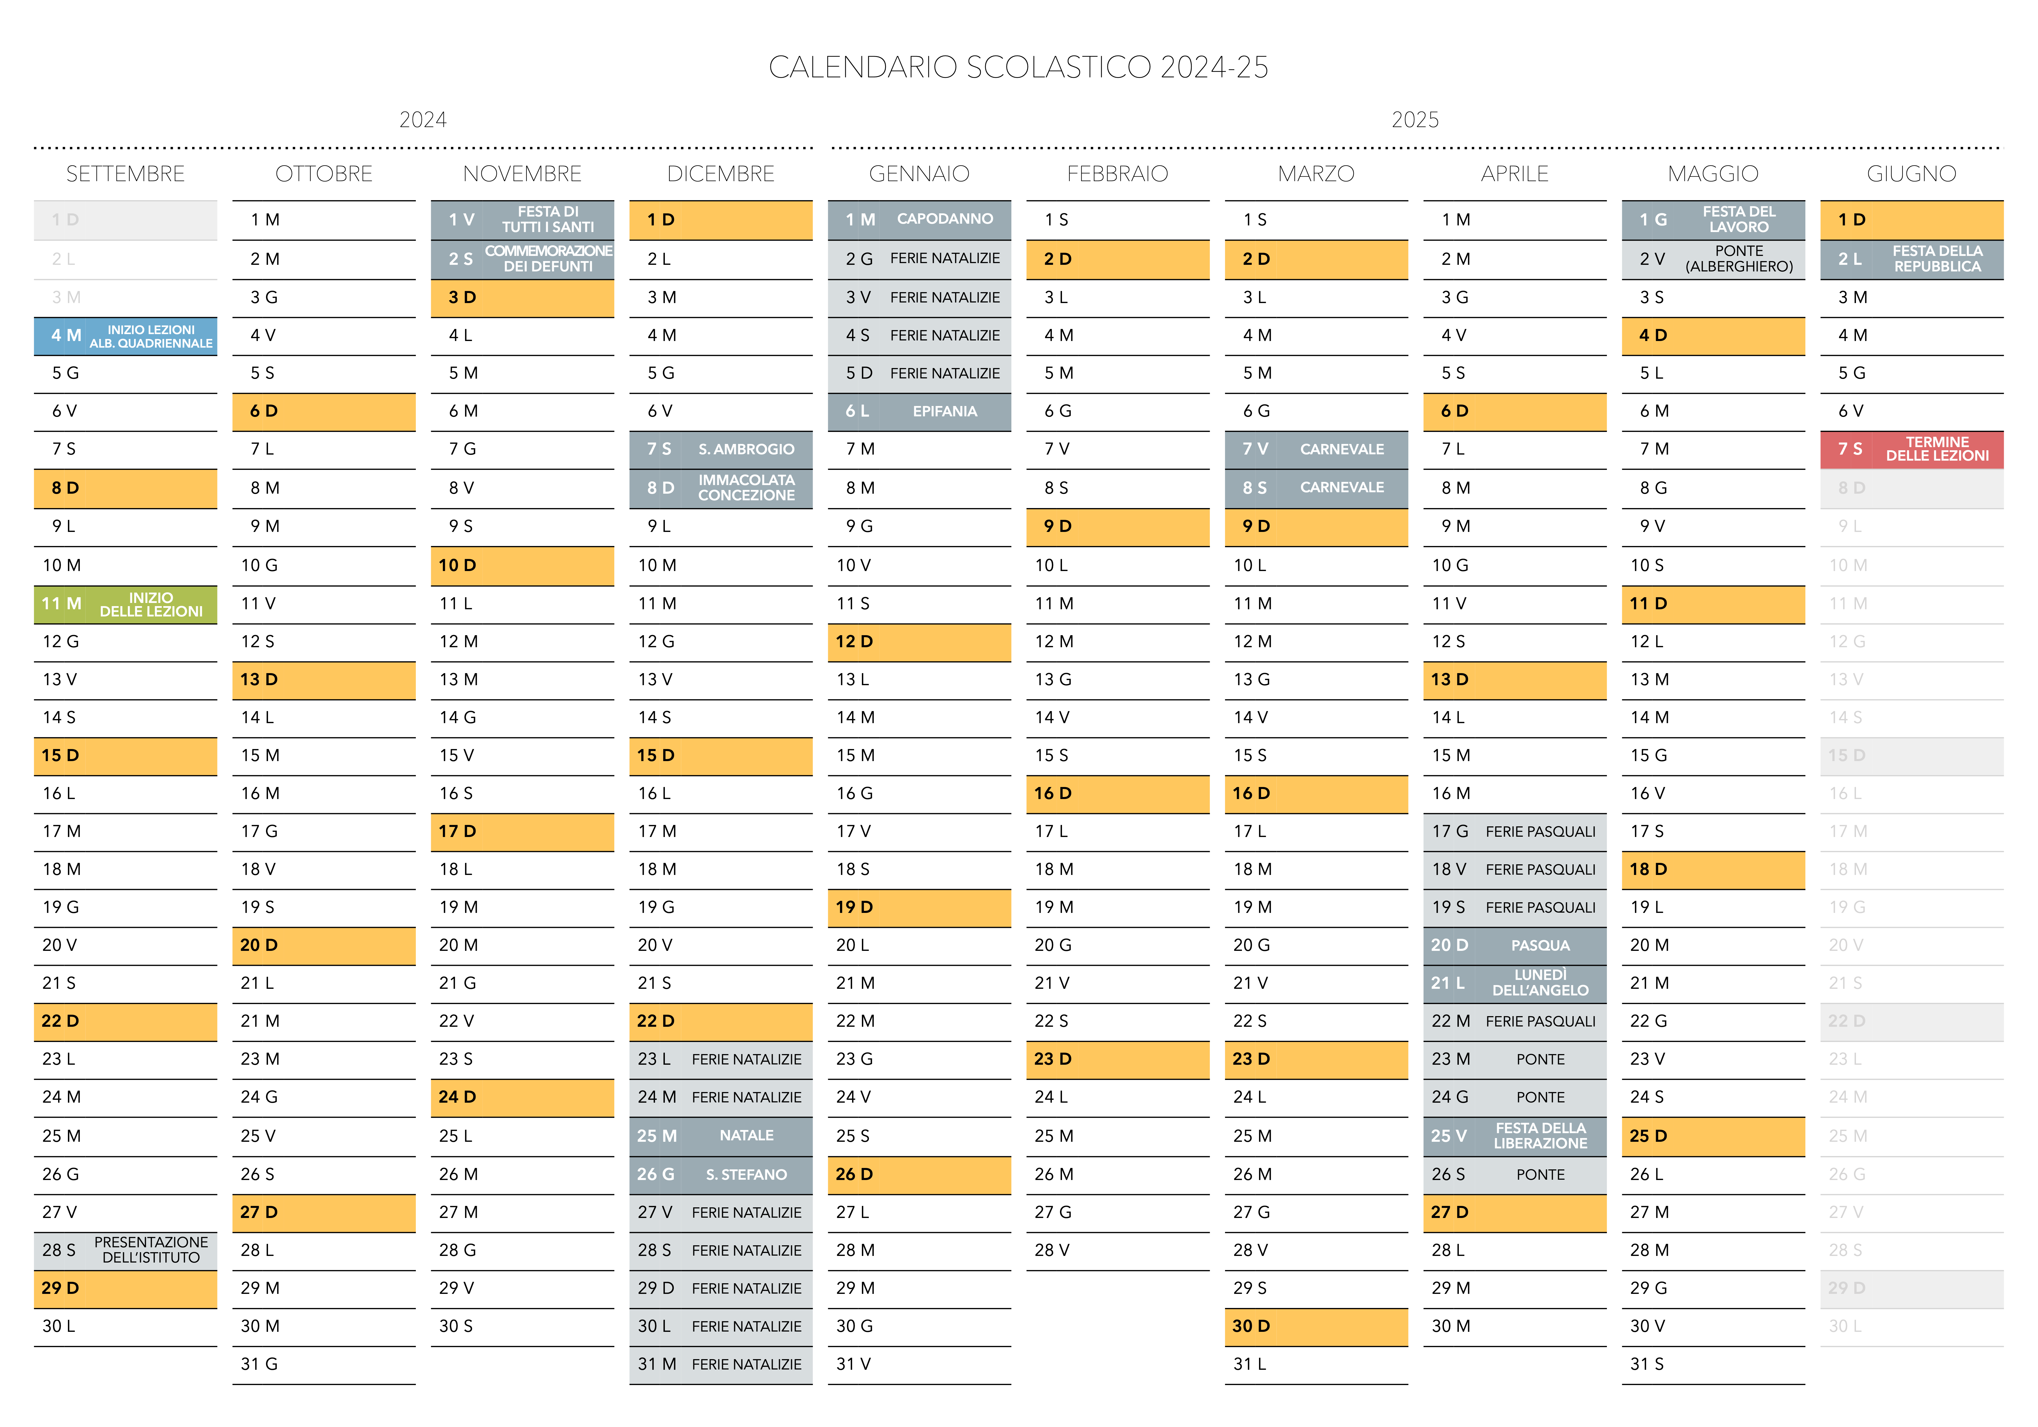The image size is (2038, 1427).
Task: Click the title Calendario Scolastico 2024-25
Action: [1018, 68]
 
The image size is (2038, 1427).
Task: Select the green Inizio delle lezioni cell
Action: [125, 604]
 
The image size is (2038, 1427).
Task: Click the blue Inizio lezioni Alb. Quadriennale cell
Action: [125, 336]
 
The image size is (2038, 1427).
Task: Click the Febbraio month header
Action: [1117, 174]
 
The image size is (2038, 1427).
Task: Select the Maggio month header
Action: [1713, 174]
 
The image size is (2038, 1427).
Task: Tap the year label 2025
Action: [1415, 120]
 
